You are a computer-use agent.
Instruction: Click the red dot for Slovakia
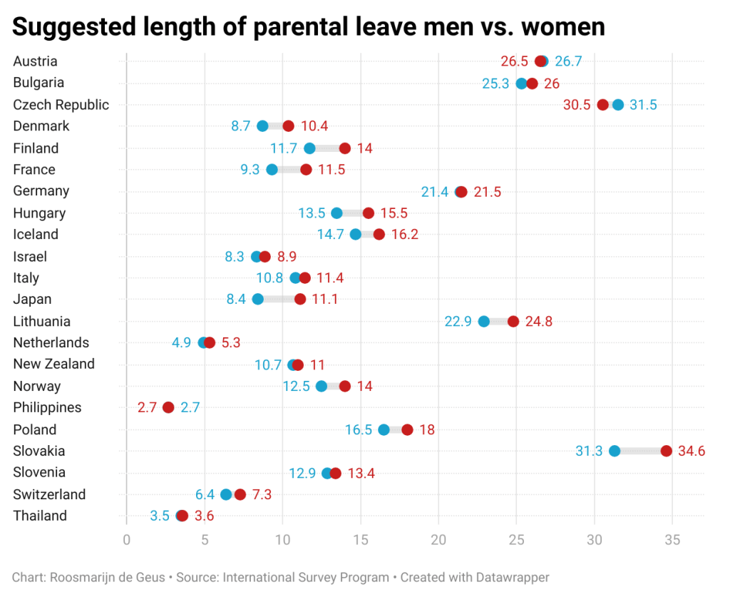point(666,451)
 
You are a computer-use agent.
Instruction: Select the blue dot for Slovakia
point(615,451)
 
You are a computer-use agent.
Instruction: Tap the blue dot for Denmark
point(262,126)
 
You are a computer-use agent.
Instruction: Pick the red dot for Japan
point(300,299)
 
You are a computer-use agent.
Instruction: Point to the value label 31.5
point(643,105)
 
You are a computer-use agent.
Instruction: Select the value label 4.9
point(181,342)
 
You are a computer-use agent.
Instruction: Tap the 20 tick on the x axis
point(438,540)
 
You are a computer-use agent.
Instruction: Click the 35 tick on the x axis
point(672,540)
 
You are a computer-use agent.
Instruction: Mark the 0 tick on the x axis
point(127,540)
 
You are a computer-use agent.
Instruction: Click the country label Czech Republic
point(61,105)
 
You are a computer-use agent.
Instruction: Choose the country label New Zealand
point(54,364)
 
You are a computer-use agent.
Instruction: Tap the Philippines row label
point(47,407)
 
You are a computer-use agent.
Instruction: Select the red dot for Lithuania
point(513,321)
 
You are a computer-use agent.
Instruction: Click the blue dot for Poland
point(384,429)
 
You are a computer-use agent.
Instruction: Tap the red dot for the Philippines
point(168,407)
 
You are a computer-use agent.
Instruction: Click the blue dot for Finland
point(309,148)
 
